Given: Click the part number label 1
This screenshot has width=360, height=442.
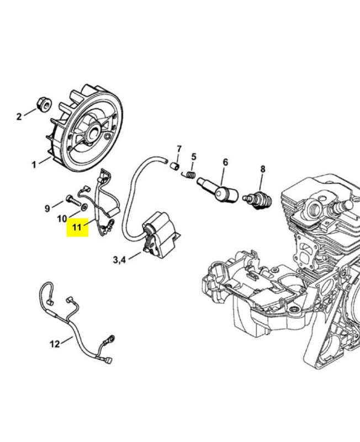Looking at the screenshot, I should coord(34,164).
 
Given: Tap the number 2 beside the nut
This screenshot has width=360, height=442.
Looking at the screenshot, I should coord(19,116).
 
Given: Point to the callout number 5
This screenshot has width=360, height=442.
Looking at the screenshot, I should coord(194,156).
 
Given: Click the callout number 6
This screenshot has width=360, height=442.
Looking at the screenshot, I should coord(225,162).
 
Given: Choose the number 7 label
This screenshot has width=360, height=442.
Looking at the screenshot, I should coord(179,149).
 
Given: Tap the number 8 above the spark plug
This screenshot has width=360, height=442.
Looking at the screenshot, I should coord(263,169).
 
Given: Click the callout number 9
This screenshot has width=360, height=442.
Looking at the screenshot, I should coord(47,208).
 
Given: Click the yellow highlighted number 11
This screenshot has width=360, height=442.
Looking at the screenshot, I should coord(76,227).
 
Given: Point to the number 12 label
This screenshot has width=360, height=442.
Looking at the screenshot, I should coord(55,344).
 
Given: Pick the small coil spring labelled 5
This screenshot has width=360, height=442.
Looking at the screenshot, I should coord(190,175).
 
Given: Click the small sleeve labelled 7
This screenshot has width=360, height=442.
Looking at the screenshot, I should coord(176,165).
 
